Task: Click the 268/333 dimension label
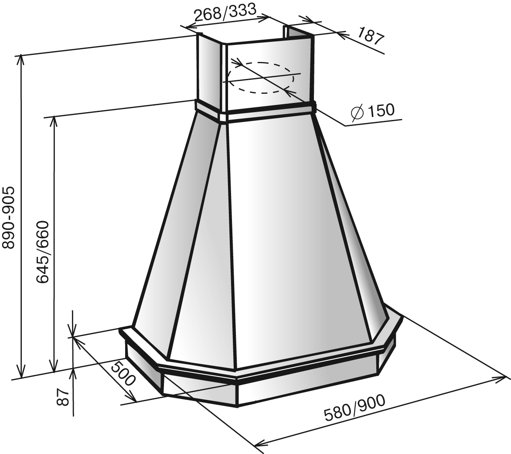225,12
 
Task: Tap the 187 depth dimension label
370,36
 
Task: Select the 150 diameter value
380,110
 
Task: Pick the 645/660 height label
42,252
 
